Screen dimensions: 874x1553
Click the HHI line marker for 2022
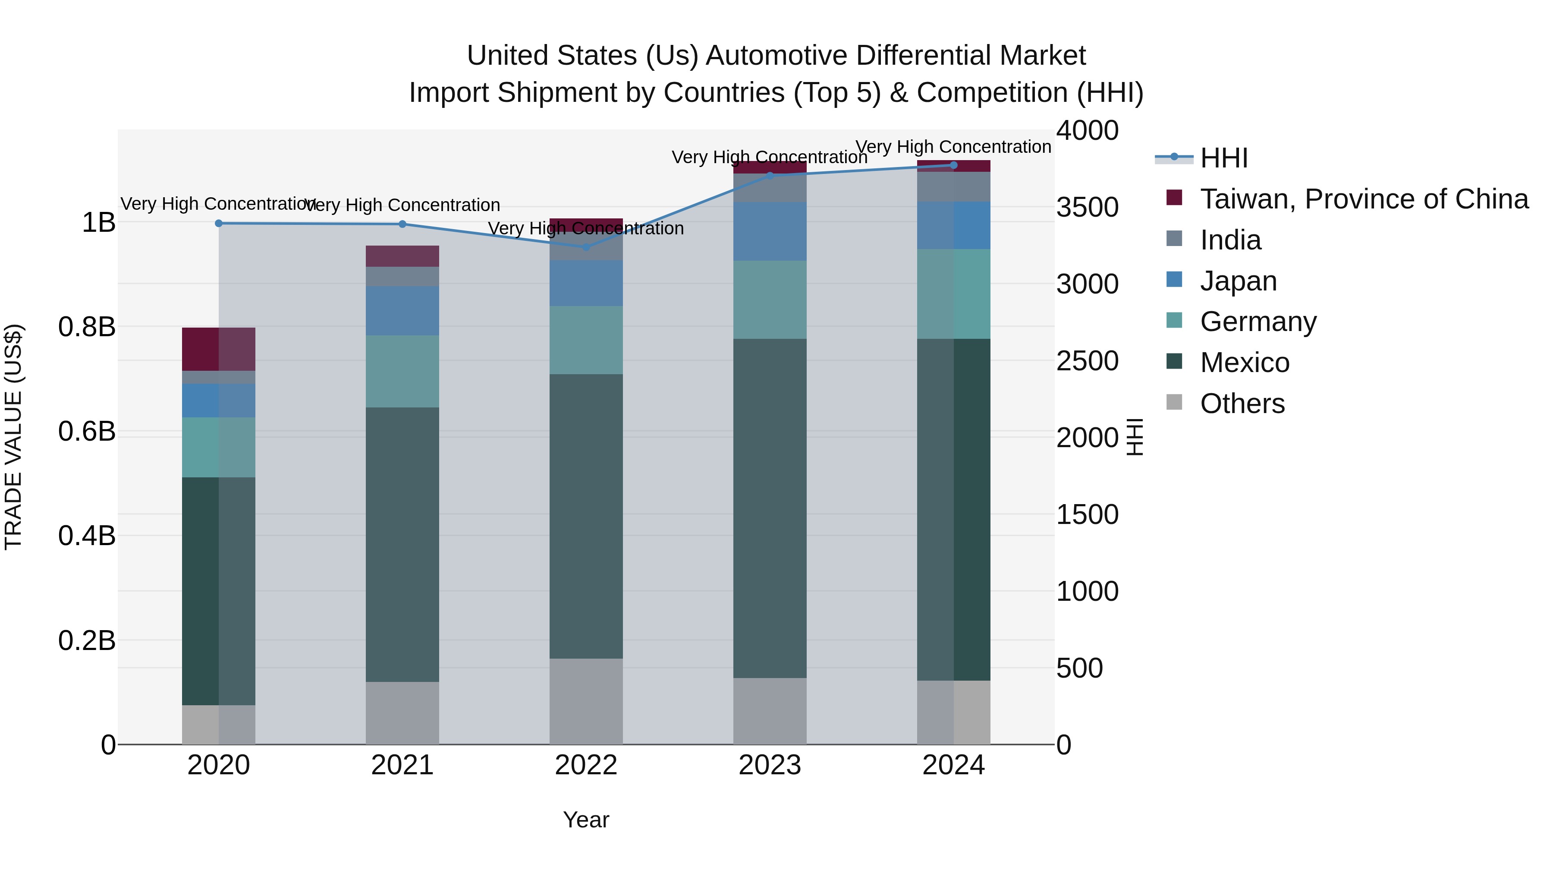[x=586, y=247]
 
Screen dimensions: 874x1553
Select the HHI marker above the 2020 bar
[x=219, y=223]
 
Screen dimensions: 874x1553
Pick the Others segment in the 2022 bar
[x=586, y=701]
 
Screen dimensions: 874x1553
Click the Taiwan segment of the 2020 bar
[x=218, y=349]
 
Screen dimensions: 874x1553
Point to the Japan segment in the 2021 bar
[x=402, y=311]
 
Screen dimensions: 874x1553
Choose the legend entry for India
[x=1230, y=240]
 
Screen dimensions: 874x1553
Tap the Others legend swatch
[x=1174, y=402]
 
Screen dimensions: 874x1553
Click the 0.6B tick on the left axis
[x=87, y=431]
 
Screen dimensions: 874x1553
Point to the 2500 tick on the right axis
[x=1087, y=361]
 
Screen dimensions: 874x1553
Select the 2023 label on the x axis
[x=770, y=765]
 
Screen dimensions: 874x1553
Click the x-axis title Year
[x=586, y=820]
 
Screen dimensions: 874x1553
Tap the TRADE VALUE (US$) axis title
[x=13, y=437]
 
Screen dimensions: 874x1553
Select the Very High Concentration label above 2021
[x=402, y=205]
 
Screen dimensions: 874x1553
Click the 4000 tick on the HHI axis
[x=1087, y=130]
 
